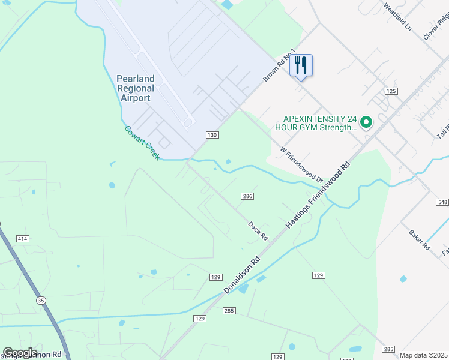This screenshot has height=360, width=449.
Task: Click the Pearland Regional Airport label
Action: pos(135,88)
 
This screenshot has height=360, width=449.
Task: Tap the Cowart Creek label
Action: pos(142,143)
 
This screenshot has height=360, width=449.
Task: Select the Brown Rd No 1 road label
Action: pos(280,66)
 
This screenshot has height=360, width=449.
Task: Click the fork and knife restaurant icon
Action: pos(301,65)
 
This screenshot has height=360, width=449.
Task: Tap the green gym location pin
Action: pos(366,123)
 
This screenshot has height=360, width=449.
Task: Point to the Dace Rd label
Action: pos(258,231)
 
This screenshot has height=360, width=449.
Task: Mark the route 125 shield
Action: pos(391,91)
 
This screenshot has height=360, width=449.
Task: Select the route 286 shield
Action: pos(247,196)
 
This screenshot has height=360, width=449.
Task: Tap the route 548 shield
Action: pos(442,203)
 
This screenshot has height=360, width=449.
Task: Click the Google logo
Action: pos(20,353)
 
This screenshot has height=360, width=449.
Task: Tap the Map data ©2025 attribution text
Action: pos(423,355)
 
